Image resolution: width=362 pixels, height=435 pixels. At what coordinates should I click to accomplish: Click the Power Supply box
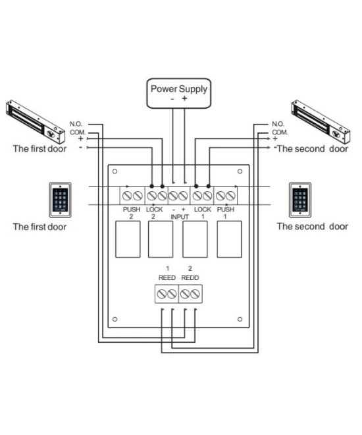tap(179, 92)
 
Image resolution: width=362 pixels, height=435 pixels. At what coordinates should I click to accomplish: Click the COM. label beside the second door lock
tap(280, 132)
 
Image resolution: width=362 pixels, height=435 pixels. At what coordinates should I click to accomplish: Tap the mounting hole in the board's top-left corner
tap(115, 172)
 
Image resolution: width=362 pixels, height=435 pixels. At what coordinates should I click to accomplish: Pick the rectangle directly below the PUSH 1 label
tap(227, 240)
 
